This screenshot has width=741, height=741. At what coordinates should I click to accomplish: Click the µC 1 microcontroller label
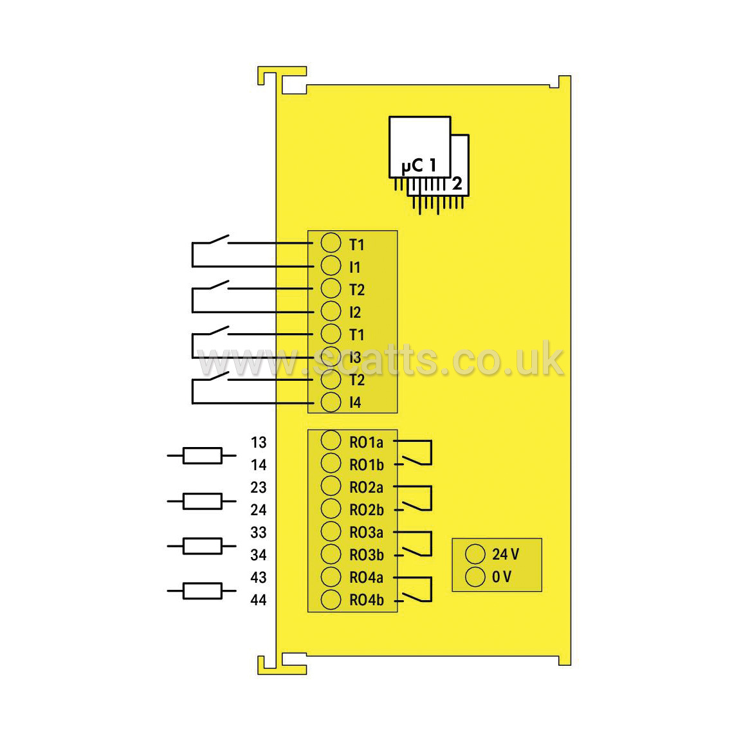(x=419, y=166)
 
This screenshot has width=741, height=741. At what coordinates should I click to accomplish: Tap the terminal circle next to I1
(x=331, y=266)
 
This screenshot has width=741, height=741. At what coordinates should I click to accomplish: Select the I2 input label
(x=355, y=313)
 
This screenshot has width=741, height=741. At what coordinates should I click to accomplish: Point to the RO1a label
(x=366, y=443)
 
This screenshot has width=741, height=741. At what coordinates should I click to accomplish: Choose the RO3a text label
(x=366, y=533)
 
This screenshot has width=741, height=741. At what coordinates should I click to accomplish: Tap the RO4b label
(x=367, y=600)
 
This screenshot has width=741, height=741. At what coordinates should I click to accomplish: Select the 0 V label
(x=502, y=577)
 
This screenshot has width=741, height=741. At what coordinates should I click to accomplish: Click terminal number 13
(x=259, y=443)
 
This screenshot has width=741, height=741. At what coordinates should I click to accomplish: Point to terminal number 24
(x=259, y=510)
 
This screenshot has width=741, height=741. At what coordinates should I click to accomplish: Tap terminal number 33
(x=259, y=533)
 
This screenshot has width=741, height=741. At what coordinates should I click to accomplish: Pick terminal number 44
(x=259, y=600)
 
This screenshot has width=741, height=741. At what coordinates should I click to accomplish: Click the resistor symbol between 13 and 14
(x=202, y=455)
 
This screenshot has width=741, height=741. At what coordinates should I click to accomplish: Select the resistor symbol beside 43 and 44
(x=202, y=590)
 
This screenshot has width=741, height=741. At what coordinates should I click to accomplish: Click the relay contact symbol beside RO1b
(x=431, y=453)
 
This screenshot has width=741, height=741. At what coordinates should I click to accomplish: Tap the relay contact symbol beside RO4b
(x=431, y=589)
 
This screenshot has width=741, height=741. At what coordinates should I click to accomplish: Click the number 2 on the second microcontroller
(x=457, y=183)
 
